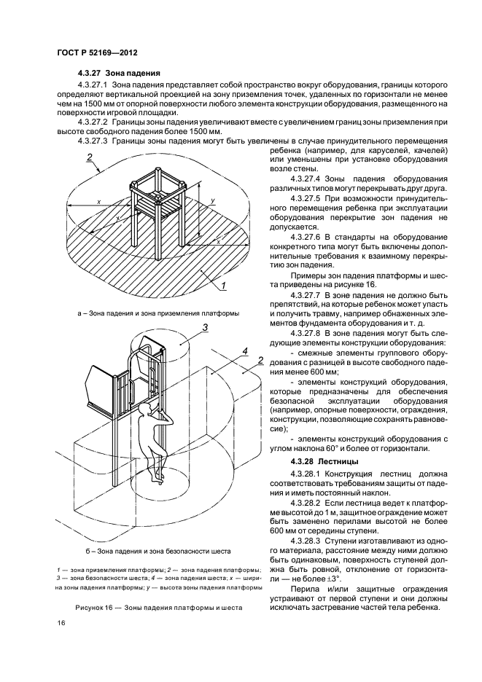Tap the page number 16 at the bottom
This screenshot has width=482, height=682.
(61, 622)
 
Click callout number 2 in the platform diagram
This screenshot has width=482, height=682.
(88, 157)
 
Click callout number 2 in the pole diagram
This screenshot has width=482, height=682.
(260, 360)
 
